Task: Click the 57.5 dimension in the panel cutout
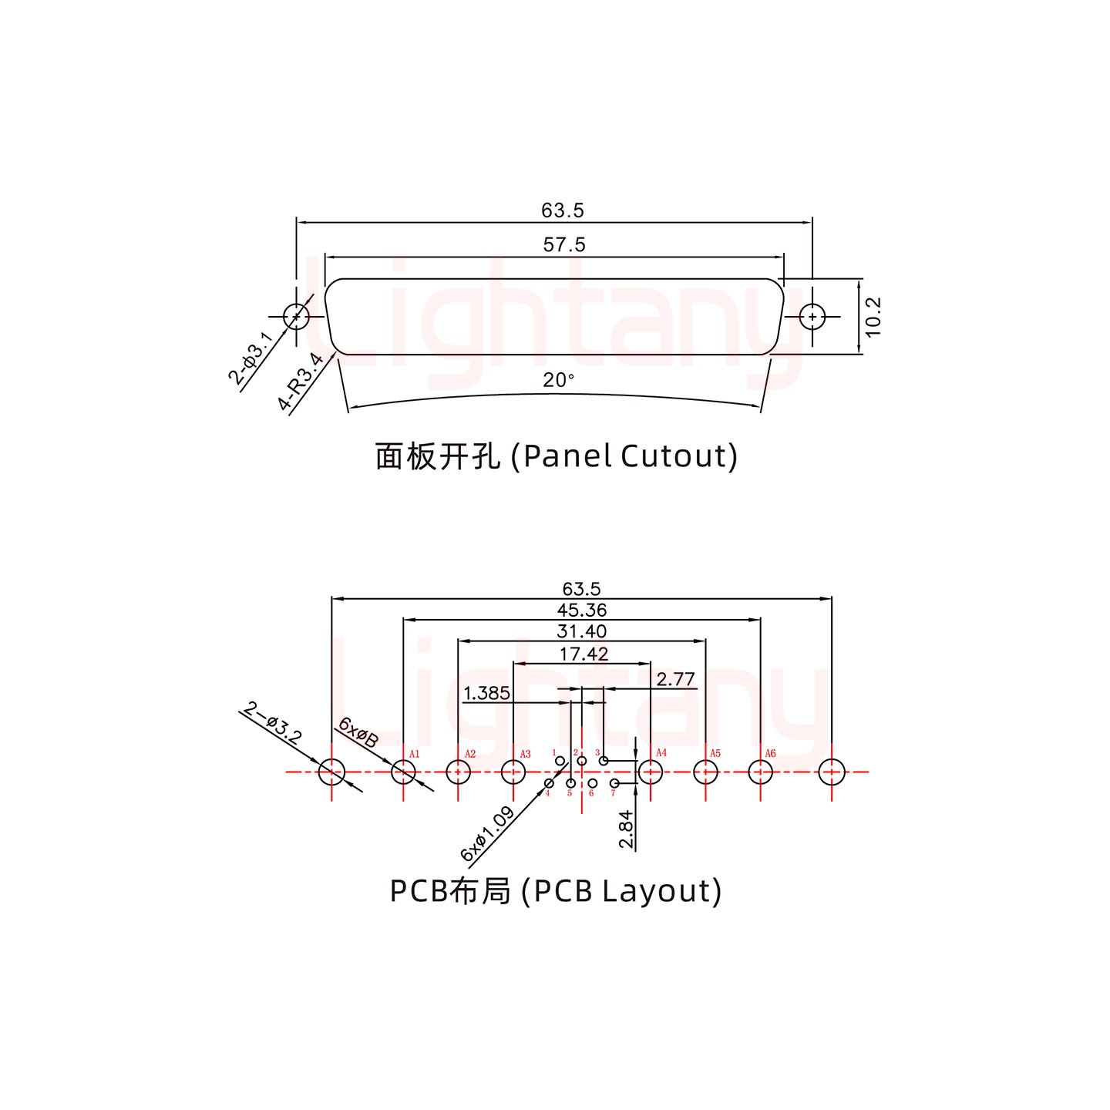[564, 245]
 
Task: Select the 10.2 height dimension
[873, 317]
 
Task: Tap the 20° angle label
[558, 380]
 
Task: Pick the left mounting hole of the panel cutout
[296, 316]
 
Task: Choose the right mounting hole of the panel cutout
[812, 316]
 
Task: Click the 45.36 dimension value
[582, 610]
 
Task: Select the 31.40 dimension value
[582, 631]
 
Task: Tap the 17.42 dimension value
[584, 654]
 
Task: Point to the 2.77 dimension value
[675, 679]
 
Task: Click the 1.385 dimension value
[486, 693]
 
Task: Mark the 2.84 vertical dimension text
[626, 829]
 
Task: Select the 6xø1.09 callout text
[487, 834]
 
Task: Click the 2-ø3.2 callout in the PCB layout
[272, 721]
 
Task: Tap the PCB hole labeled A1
[403, 771]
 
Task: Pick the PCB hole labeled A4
[651, 771]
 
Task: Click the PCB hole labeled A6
[760, 771]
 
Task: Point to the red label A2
[470, 754]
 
